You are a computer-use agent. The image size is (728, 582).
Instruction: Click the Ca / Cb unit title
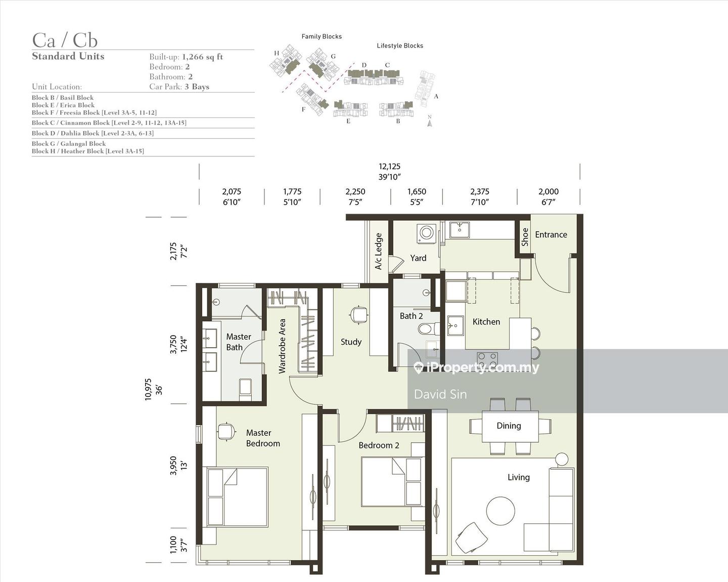[x=65, y=40]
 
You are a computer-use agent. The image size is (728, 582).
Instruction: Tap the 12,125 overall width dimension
[x=389, y=167]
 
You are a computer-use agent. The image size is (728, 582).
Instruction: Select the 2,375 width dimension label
[x=480, y=191]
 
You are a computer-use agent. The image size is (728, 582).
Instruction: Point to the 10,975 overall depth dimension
[x=148, y=390]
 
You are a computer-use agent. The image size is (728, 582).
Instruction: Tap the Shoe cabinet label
[x=525, y=237]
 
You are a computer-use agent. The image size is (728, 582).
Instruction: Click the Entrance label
[x=551, y=234]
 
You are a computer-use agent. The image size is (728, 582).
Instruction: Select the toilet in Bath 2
[x=428, y=328]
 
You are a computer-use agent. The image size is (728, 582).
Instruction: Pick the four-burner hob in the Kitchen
[x=487, y=361]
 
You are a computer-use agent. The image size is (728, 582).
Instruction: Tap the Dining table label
[x=509, y=426]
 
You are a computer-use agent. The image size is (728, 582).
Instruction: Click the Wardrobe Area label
[x=282, y=346]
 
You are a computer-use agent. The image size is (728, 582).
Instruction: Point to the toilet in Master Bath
[x=245, y=390]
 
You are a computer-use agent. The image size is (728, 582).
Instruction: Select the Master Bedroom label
[x=263, y=438]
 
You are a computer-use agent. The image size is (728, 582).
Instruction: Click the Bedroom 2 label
[x=379, y=445]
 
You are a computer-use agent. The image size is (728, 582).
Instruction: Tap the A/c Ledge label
[x=378, y=251]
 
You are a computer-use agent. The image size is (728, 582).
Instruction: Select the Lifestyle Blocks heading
[x=400, y=46]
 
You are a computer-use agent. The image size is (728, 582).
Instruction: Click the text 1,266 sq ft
[x=202, y=57]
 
